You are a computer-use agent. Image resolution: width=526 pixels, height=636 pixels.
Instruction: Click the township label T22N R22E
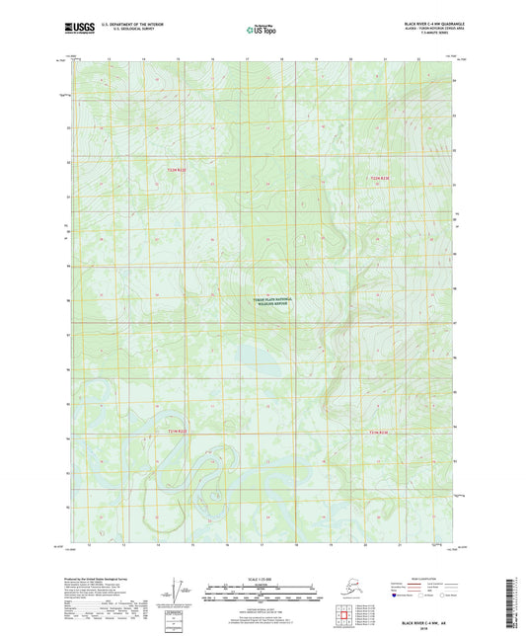(x=175, y=171)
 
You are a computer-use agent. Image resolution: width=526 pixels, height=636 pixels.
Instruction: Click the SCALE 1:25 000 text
(x=262, y=578)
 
